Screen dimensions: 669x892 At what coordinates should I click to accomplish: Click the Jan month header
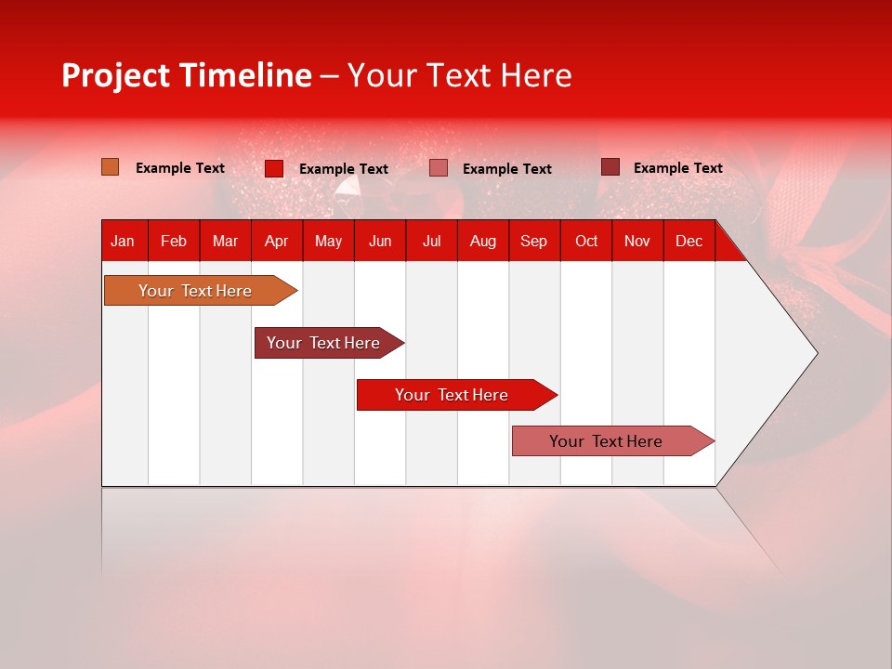123,241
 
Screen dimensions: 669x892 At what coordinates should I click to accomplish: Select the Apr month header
276,241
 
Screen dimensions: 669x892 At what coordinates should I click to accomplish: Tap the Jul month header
431,241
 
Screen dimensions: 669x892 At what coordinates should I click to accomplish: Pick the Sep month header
533,241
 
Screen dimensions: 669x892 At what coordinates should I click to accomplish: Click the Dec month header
689,241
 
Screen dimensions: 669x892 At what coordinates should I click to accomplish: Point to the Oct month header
585,241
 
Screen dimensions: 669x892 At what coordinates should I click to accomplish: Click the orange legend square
111,167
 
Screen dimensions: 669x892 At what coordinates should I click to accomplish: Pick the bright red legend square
274,168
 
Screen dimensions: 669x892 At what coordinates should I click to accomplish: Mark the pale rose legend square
439,168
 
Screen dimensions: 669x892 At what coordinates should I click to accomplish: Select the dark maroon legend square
610,167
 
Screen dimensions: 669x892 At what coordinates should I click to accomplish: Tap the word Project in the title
115,76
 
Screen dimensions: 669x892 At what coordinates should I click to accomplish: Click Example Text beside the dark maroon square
677,167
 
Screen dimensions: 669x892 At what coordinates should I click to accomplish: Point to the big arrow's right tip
815,353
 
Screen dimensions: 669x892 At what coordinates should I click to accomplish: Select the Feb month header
174,241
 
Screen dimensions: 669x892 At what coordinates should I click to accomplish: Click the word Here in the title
536,75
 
